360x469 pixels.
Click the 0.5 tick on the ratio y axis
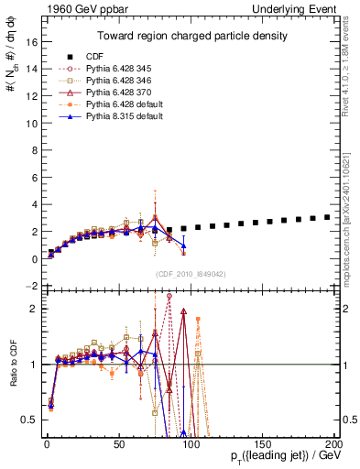27,420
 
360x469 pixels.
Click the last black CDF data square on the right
327,217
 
